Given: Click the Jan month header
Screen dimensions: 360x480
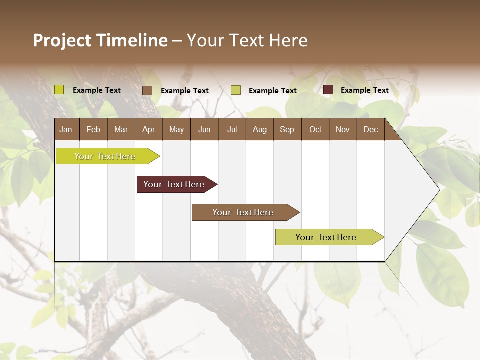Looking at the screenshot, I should (66, 130).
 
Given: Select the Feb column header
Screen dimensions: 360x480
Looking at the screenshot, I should (93, 130).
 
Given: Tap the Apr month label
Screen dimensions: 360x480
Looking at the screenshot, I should (148, 130).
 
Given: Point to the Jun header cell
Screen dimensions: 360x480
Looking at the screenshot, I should (204, 130).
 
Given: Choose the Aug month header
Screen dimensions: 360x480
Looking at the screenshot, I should (259, 130).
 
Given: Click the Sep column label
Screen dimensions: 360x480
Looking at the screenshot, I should (287, 130).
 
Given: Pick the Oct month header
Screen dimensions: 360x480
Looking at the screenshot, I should (315, 130).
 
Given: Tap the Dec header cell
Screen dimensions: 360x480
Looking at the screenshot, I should (370, 130).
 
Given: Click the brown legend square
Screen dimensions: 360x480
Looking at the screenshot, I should (147, 90).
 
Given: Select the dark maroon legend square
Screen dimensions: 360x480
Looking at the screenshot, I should (328, 90).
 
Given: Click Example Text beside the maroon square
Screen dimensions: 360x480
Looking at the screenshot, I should (364, 90).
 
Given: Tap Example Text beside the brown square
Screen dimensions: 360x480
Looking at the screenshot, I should (185, 91).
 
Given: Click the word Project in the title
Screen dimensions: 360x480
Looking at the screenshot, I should (62, 40).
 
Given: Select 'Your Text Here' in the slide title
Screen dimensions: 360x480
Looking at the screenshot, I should (247, 40).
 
